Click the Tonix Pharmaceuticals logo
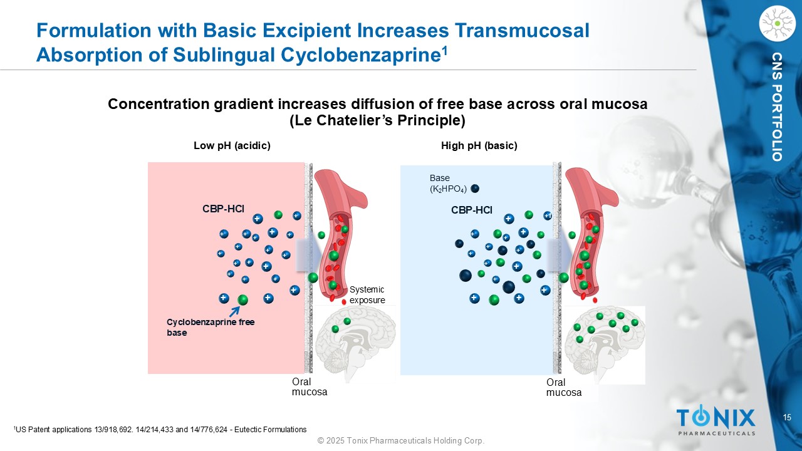(716, 420)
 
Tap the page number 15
(788, 418)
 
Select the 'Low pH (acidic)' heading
(232, 146)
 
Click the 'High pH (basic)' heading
(479, 146)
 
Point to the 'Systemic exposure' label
(367, 294)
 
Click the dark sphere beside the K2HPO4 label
(475, 189)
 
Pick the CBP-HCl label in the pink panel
(223, 208)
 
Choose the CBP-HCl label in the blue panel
(471, 210)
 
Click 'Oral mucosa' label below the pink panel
(310, 387)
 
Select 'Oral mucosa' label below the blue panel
(564, 388)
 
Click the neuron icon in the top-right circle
(776, 24)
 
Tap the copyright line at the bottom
(401, 441)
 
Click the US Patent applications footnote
(160, 430)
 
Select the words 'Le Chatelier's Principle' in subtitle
(378, 120)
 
